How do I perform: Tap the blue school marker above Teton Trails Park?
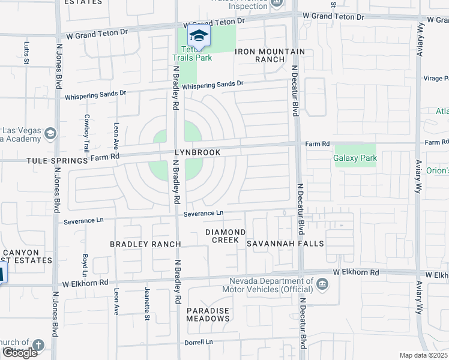[x=199, y=35]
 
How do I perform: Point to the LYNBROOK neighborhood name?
[x=197, y=153]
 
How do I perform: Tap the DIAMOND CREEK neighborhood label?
[x=225, y=236]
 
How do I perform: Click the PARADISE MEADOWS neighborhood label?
[x=207, y=314]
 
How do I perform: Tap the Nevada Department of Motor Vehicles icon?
[x=323, y=284]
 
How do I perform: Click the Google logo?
[x=20, y=353]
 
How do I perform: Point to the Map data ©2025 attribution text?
[x=423, y=355]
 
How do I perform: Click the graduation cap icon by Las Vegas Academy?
[x=51, y=133]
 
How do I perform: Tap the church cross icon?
[x=38, y=345]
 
